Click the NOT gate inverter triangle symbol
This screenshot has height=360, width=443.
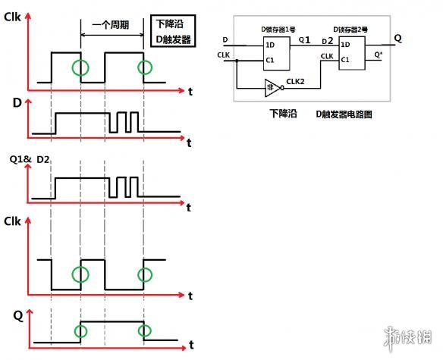[272, 86]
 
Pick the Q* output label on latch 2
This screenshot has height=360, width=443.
[379, 55]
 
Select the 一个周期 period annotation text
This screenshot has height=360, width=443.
[111, 24]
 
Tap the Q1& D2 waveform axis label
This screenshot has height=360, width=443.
[30, 159]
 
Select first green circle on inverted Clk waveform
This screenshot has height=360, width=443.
[80, 274]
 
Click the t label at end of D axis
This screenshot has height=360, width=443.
[189, 142]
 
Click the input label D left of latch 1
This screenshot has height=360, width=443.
[225, 39]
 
